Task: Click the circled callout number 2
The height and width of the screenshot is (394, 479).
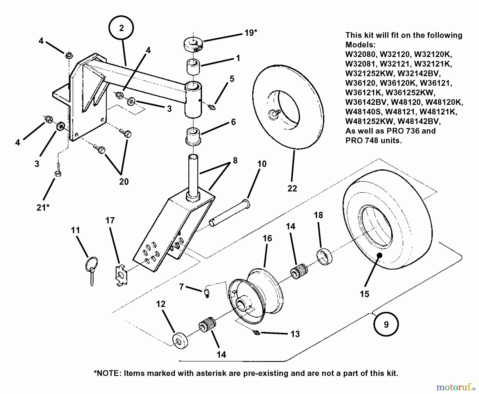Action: [x=121, y=28]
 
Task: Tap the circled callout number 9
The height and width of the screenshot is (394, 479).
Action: [x=386, y=324]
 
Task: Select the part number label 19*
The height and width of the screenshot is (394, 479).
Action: [x=251, y=33]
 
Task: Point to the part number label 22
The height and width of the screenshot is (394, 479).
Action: [x=292, y=188]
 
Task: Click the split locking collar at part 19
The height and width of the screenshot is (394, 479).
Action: [x=193, y=44]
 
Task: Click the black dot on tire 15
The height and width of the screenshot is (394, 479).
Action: [x=379, y=255]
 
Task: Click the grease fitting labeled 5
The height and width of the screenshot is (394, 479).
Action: [x=212, y=107]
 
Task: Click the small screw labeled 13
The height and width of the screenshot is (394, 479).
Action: [x=257, y=332]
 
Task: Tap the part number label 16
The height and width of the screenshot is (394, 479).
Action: [x=267, y=238]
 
